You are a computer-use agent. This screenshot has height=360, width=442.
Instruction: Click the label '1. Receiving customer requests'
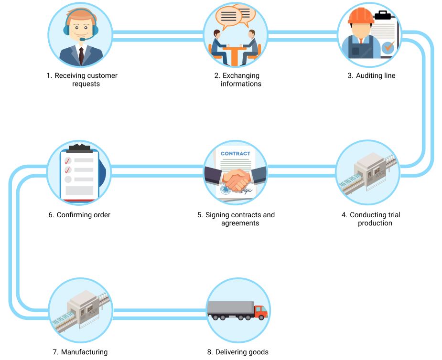pyautogui.click(x=82, y=80)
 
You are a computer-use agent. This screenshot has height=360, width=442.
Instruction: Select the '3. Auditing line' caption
pyautogui.click(x=371, y=75)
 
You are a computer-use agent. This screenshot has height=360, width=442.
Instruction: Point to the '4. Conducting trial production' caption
pyautogui.click(x=371, y=219)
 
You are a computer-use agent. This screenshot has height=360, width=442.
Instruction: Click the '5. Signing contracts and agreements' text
pyautogui.click(x=236, y=219)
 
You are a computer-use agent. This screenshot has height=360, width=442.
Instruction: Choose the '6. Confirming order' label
pyautogui.click(x=79, y=215)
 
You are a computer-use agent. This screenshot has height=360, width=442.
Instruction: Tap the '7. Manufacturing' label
pyautogui.click(x=80, y=352)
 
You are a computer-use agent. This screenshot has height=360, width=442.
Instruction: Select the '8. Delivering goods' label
pyautogui.click(x=237, y=352)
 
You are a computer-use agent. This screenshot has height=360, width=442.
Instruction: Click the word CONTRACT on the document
pyautogui.click(x=235, y=154)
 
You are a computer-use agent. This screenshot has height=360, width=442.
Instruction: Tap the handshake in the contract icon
pyautogui.click(x=237, y=180)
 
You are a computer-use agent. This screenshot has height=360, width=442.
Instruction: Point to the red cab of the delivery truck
pyautogui.click(x=260, y=312)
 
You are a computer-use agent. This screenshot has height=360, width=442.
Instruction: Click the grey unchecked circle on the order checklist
pyautogui.click(x=68, y=179)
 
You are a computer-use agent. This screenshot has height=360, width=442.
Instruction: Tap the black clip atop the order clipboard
pyautogui.click(x=79, y=146)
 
